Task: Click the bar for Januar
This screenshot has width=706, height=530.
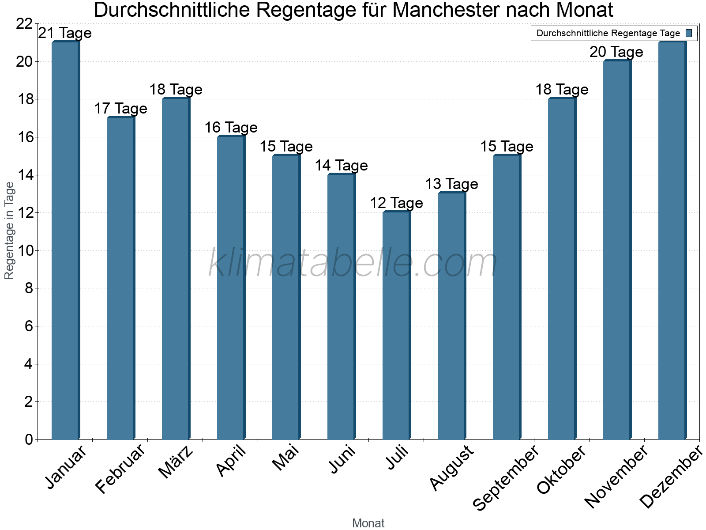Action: click(65, 241)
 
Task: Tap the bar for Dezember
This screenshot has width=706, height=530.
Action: click(672, 241)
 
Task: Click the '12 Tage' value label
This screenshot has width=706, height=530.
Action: click(396, 203)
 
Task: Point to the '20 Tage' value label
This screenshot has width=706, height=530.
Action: click(616, 52)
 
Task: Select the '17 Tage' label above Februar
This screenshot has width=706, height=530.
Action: click(120, 109)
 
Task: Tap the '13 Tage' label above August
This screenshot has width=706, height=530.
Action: click(451, 184)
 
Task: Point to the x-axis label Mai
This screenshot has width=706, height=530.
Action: click(286, 458)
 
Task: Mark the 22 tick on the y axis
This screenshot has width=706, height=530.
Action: click(24, 24)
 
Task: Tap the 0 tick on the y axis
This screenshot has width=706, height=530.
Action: click(29, 440)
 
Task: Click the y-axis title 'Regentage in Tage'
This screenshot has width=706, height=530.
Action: click(10, 231)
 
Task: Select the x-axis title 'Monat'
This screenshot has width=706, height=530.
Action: click(368, 523)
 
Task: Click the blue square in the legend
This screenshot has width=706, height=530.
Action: click(689, 33)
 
